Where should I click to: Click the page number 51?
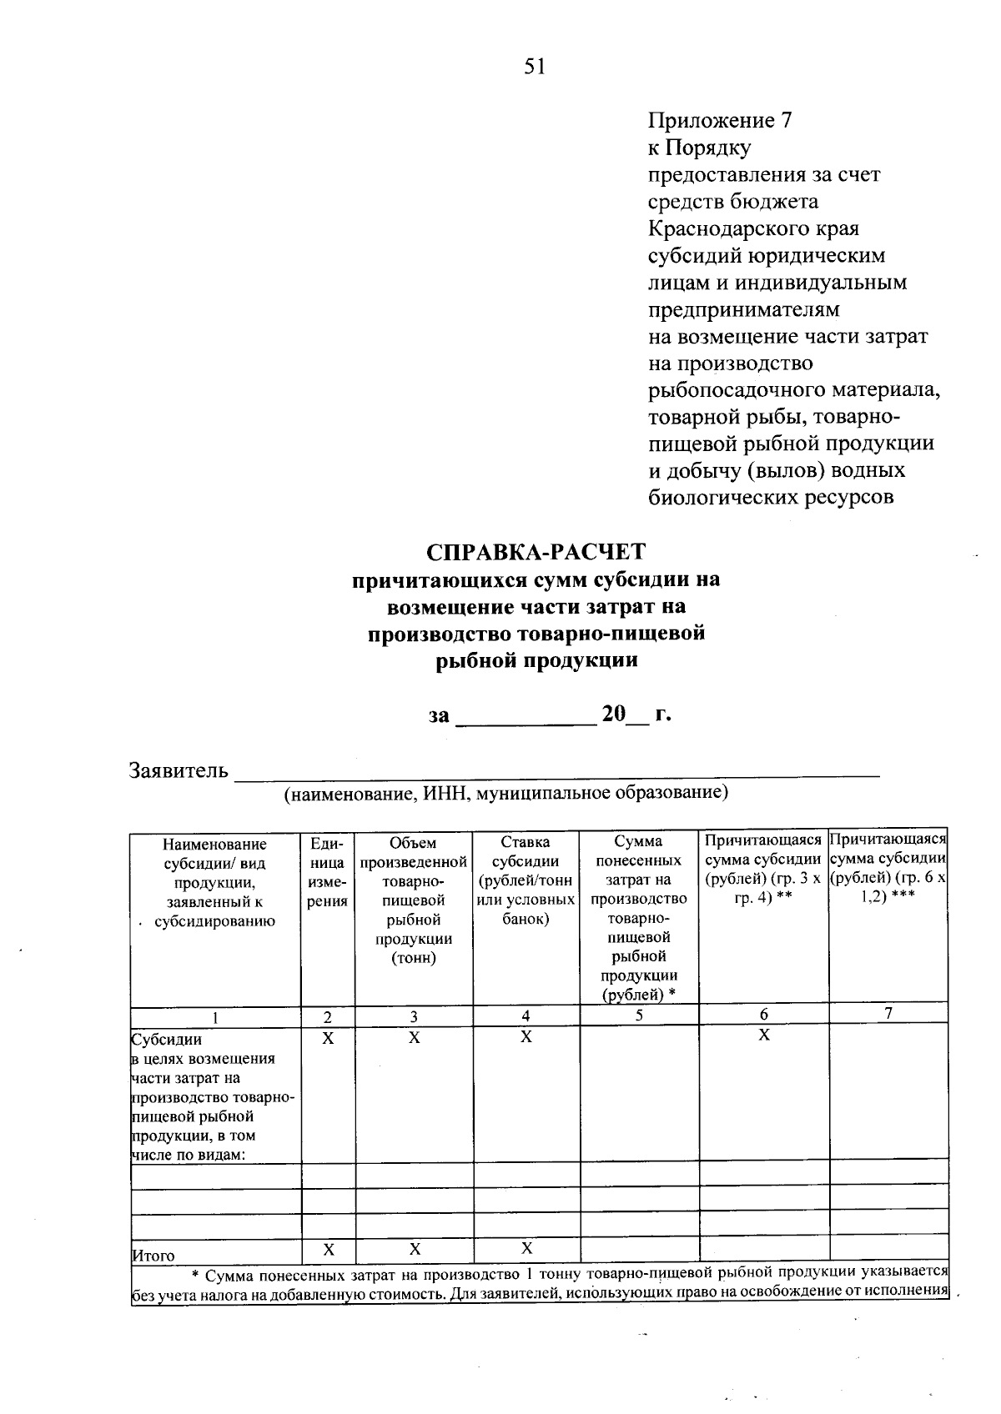click(535, 67)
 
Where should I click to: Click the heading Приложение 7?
click(720, 121)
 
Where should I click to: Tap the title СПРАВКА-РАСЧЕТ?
click(536, 552)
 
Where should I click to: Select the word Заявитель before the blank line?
click(179, 770)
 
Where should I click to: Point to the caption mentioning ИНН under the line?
click(506, 793)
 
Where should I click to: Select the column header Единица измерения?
click(327, 872)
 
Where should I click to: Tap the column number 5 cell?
click(639, 1015)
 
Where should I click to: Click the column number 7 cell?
click(889, 1014)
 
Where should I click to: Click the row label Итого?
click(154, 1256)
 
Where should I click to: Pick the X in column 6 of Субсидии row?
click(763, 1035)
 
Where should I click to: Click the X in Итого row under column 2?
click(328, 1250)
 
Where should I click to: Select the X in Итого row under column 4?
click(526, 1249)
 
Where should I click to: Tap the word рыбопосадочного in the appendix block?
click(736, 390)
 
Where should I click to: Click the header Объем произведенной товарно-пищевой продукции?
click(414, 900)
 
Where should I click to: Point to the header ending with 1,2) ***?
click(889, 871)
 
